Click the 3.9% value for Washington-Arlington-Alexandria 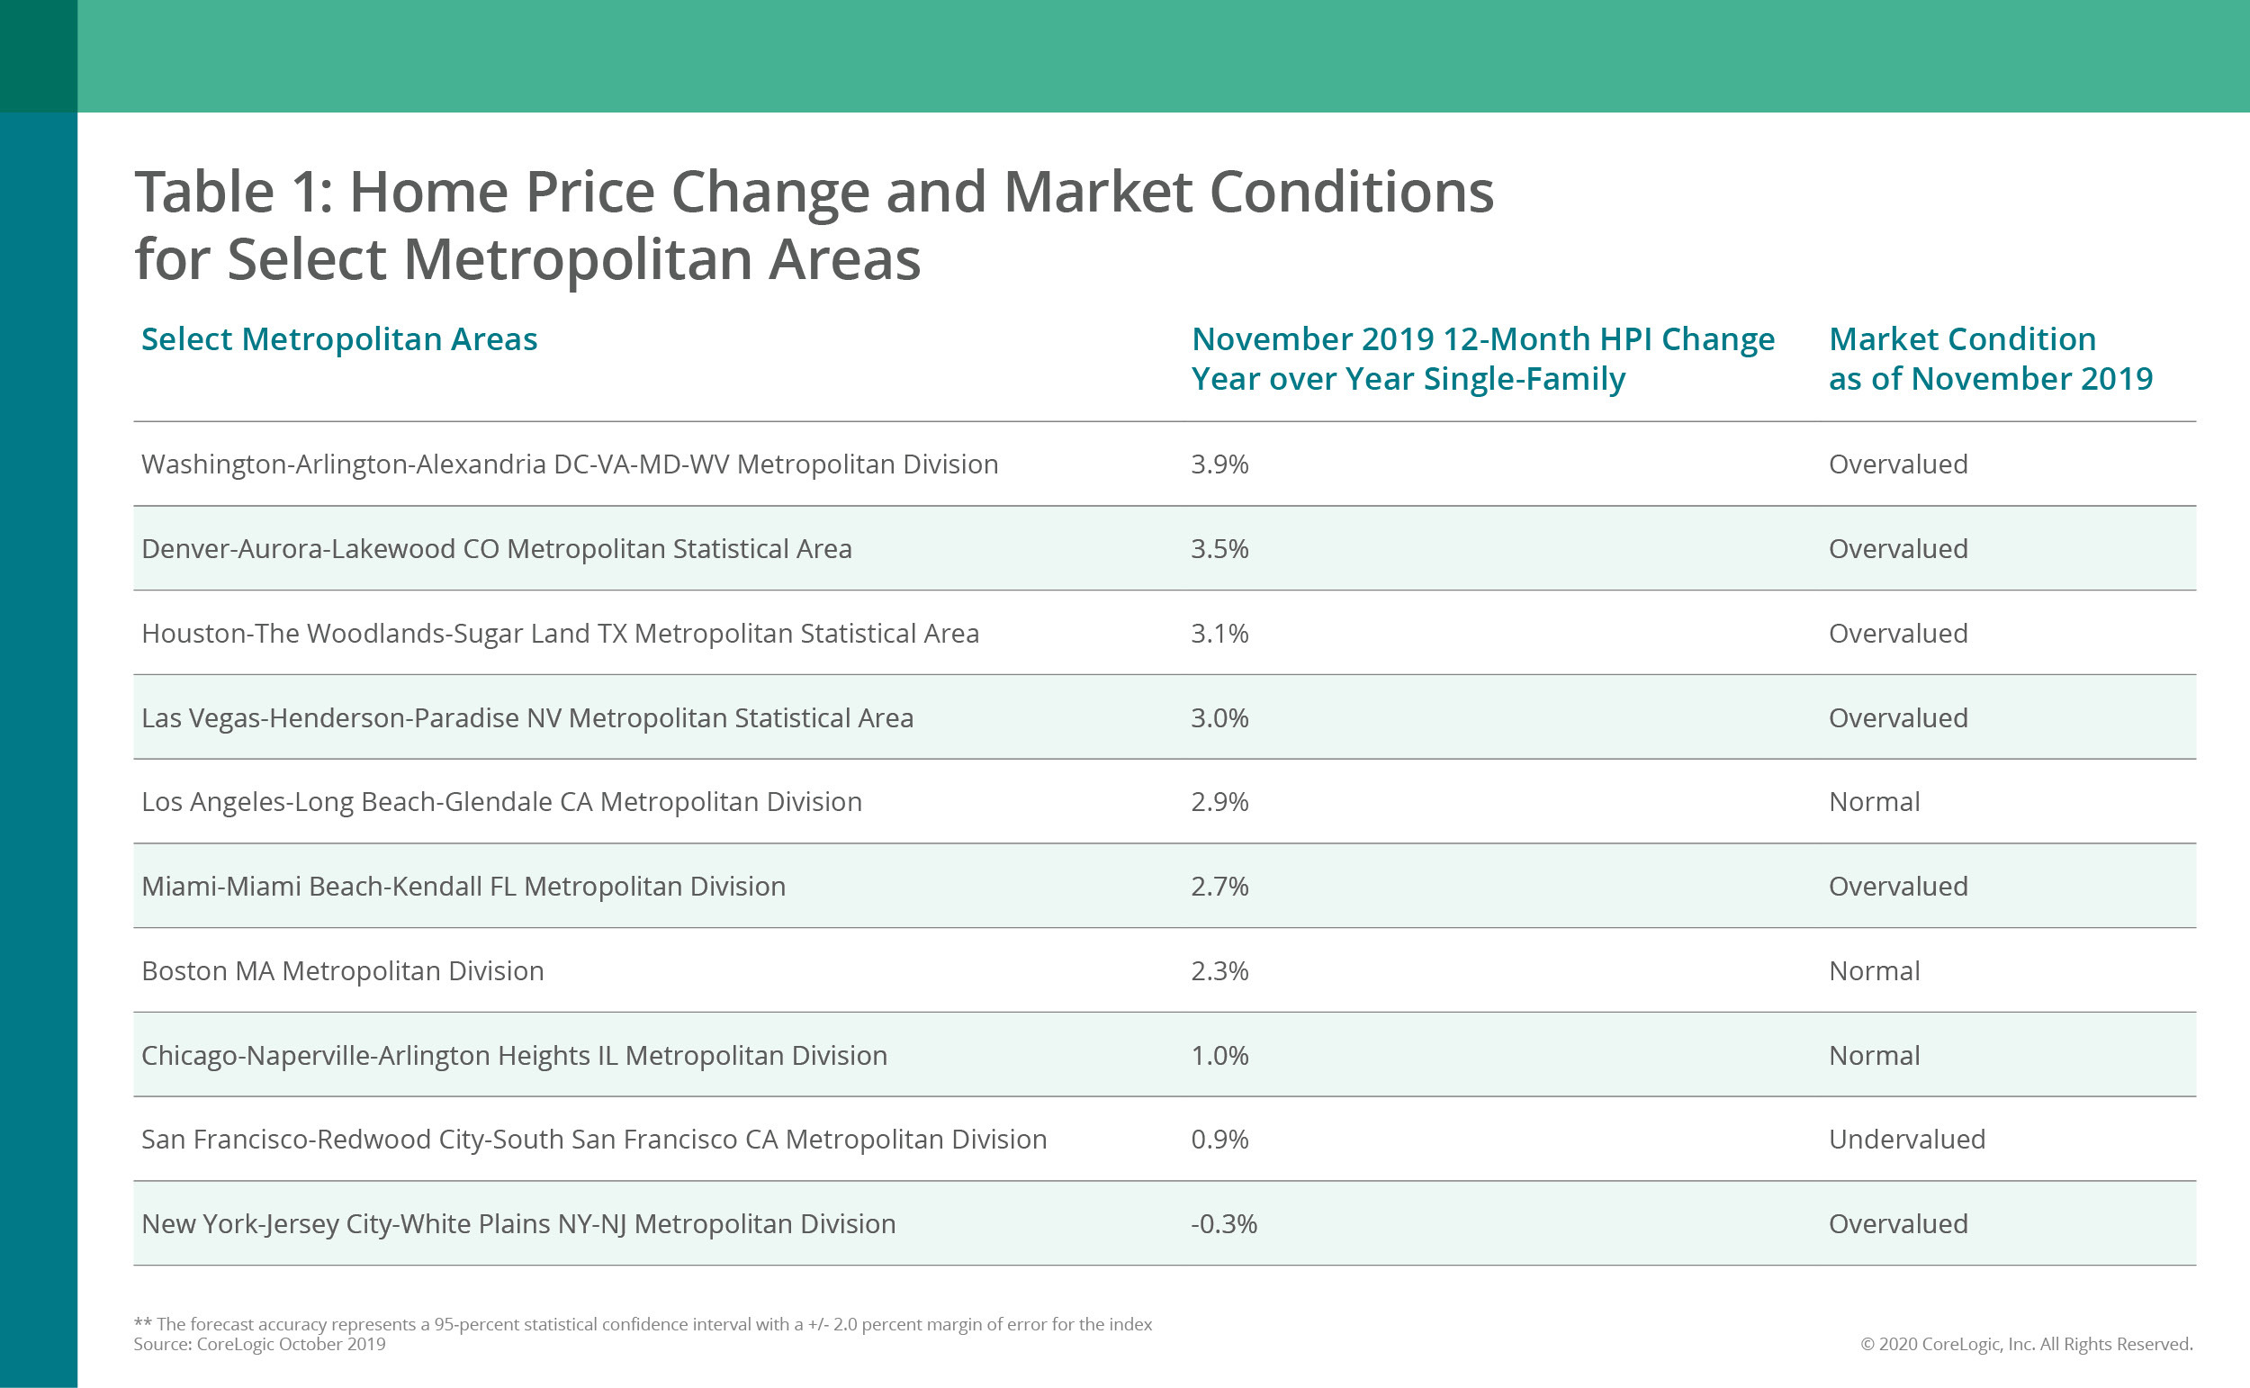pos(1219,464)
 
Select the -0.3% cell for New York pos(1223,1223)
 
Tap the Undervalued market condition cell pos(1906,1140)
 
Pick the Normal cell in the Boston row pos(1874,971)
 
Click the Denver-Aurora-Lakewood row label pos(497,549)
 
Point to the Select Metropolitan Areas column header pos(338,339)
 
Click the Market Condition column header pos(1989,359)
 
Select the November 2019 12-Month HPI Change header pos(1482,359)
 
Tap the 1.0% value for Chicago pos(1219,1056)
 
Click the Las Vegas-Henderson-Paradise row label pos(526,718)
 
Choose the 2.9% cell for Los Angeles pos(1219,802)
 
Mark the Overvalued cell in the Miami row pos(1897,887)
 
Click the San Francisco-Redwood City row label pos(594,1140)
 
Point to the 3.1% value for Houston pos(1219,634)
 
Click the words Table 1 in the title pos(234,193)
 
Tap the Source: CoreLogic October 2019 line pos(260,1345)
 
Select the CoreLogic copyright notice pos(2026,1345)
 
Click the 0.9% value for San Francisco pos(1219,1140)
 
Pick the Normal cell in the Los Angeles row pos(1874,802)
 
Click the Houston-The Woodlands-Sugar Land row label pos(560,634)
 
